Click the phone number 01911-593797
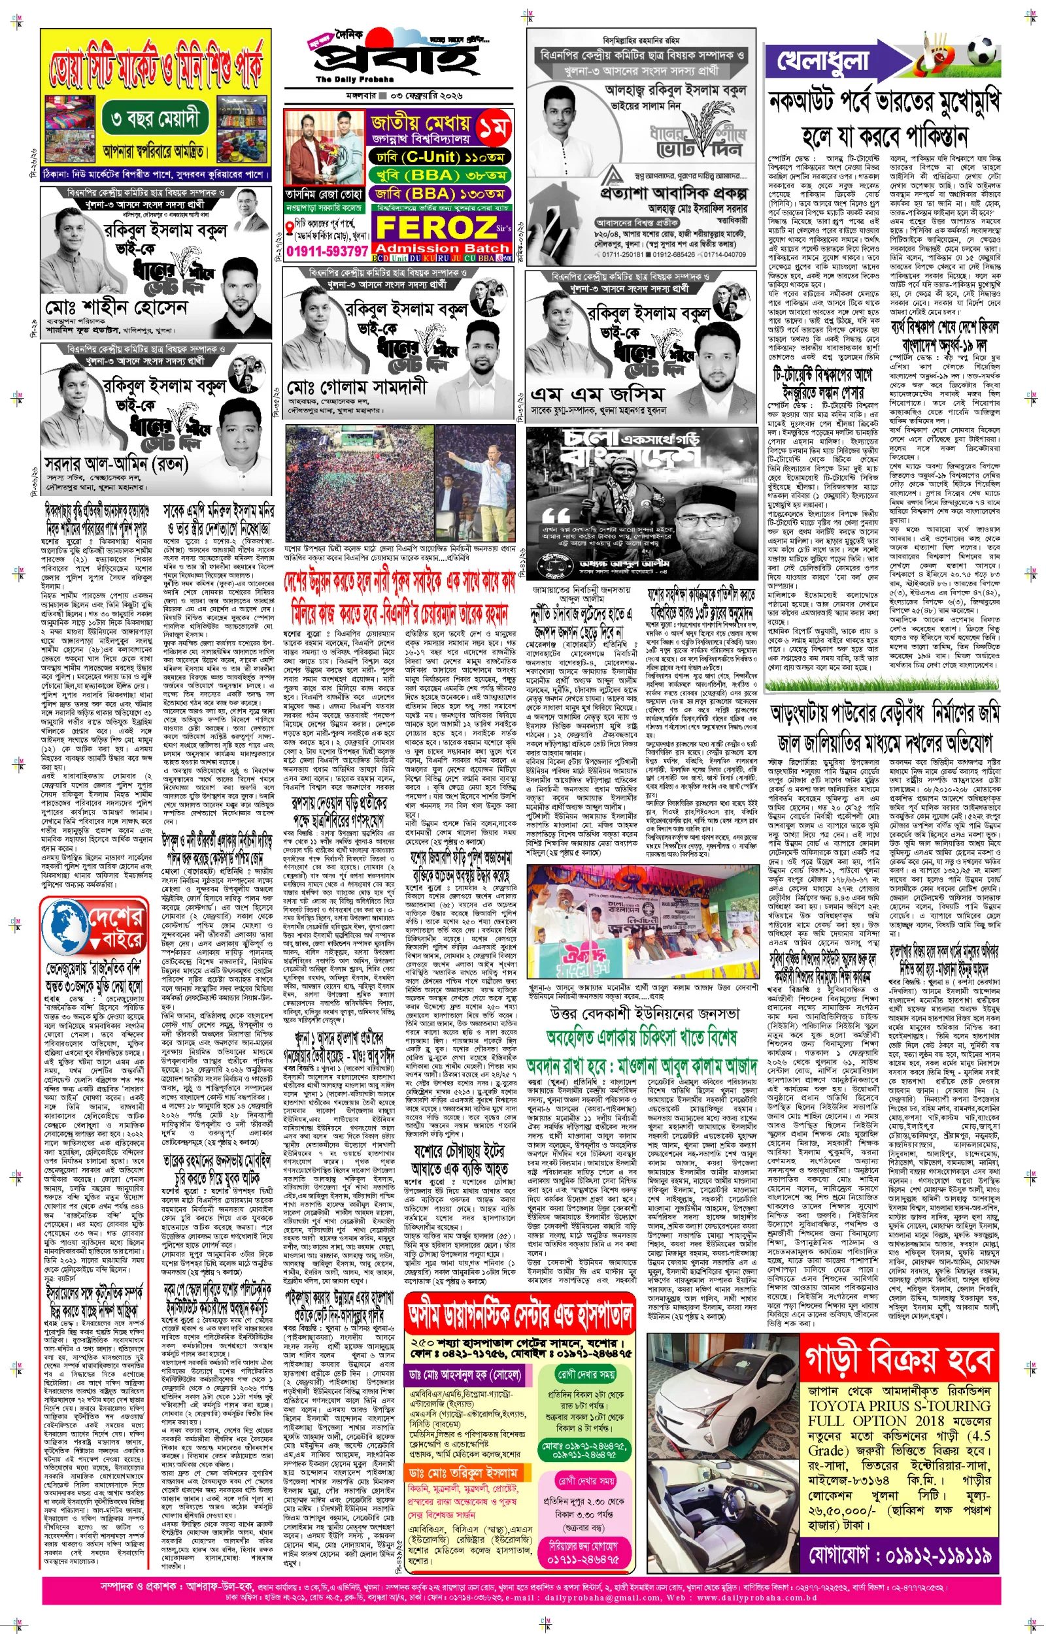point(327,251)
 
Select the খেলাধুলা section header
point(822,61)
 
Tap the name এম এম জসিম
point(596,394)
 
